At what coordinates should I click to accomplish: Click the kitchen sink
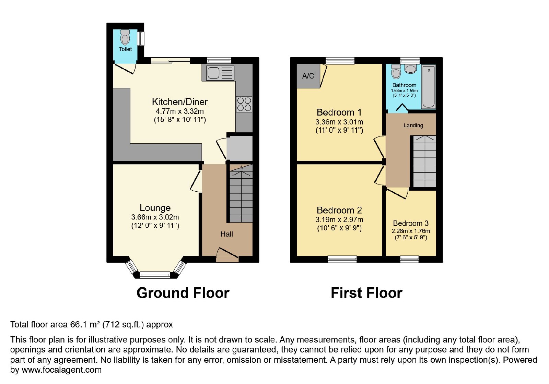pyautogui.click(x=220, y=73)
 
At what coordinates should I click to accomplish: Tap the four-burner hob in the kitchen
pyautogui.click(x=244, y=104)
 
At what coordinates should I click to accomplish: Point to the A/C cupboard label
pyautogui.click(x=308, y=76)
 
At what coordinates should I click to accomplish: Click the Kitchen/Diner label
pyautogui.click(x=180, y=101)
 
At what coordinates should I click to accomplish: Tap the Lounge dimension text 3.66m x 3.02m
pyautogui.click(x=155, y=217)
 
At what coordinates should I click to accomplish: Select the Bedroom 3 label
pyautogui.click(x=411, y=223)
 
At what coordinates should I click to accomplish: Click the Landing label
pyautogui.click(x=413, y=125)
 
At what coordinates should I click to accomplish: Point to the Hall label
pyautogui.click(x=226, y=235)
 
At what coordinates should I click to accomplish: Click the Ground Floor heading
pyautogui.click(x=183, y=293)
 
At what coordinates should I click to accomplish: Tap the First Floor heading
pyautogui.click(x=366, y=293)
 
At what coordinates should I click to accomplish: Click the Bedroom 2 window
pyautogui.click(x=342, y=259)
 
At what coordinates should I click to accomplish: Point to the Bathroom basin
pyautogui.click(x=410, y=69)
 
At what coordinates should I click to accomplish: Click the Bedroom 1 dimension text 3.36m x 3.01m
pyautogui.click(x=339, y=122)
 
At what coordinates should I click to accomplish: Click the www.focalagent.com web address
pyautogui.click(x=61, y=370)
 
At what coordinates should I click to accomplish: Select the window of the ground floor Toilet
pyautogui.click(x=141, y=38)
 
